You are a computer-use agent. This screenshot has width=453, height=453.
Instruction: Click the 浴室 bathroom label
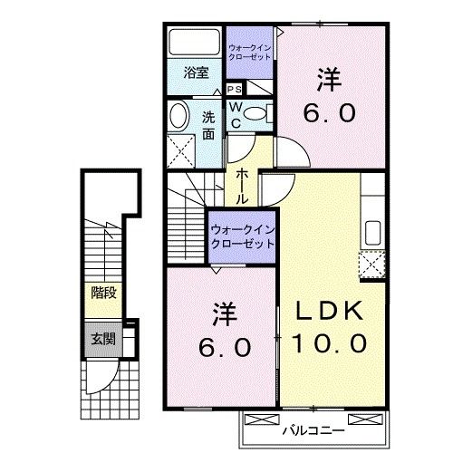197,73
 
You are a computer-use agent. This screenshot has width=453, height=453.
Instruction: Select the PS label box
234,90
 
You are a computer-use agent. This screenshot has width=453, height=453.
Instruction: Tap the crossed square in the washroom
184,148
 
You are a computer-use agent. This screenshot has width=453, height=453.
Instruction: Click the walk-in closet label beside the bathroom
249,51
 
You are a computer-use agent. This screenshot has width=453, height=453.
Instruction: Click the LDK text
330,310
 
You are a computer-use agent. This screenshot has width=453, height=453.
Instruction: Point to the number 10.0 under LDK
329,343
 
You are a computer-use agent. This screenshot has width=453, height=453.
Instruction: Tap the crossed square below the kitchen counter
372,266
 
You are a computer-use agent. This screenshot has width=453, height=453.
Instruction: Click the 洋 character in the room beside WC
328,81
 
